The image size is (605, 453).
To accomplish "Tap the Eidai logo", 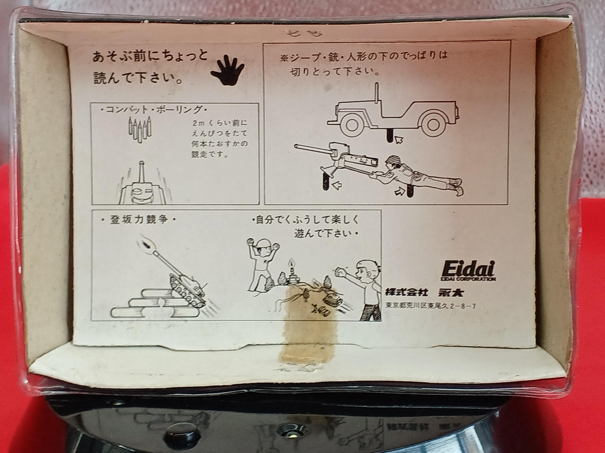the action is [468, 271].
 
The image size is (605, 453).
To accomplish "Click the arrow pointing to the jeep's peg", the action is [399, 140].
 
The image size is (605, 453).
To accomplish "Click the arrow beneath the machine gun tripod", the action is [337, 185].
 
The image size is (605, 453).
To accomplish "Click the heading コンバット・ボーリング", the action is [154, 110].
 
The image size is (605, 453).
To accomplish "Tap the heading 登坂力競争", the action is [138, 220].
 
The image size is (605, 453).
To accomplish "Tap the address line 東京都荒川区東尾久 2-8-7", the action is [431, 306].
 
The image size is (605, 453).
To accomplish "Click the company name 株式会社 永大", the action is [424, 293].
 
